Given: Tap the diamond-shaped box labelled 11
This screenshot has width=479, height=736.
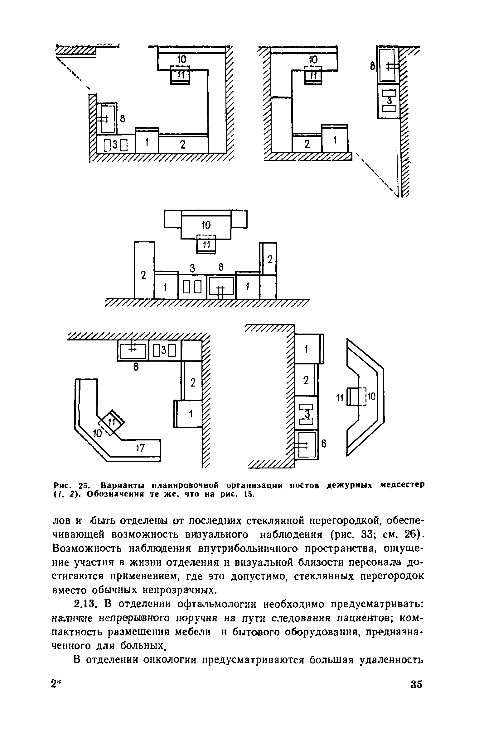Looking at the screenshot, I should point(111,422).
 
